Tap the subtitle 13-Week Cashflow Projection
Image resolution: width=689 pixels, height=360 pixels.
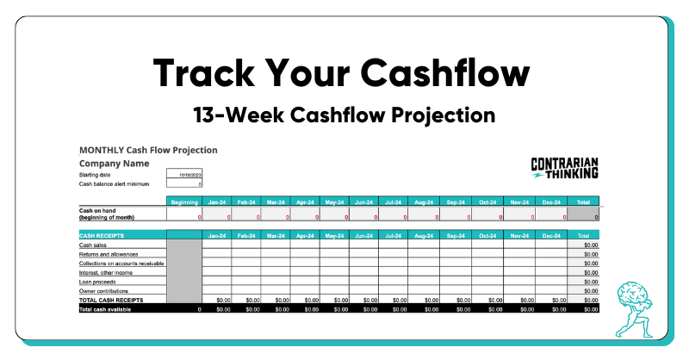(344, 114)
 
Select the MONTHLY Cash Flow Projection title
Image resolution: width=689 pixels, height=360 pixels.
(148, 150)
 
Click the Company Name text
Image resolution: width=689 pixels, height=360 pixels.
(115, 163)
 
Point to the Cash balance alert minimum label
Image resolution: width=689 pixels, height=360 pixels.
(115, 183)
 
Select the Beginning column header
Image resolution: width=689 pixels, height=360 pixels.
(184, 202)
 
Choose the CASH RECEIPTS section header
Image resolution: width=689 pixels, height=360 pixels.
(102, 235)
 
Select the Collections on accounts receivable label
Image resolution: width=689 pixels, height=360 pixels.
(121, 263)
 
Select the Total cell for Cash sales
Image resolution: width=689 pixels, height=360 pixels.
(584, 245)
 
